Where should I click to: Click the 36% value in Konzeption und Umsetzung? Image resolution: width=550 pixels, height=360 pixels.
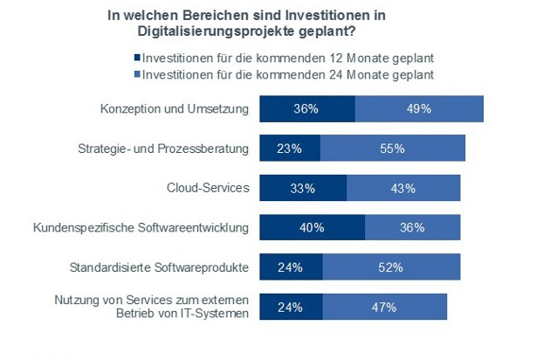(307, 109)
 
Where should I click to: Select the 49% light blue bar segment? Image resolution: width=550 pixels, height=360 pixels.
(419, 109)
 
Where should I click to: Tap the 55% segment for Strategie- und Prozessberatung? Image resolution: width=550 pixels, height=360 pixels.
(392, 149)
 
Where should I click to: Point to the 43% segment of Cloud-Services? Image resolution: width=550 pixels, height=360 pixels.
(403, 188)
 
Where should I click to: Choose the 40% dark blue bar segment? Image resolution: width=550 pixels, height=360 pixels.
(313, 228)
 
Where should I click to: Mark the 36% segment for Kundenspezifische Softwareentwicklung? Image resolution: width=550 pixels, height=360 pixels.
(411, 228)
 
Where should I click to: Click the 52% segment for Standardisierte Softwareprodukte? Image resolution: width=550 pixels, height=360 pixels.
(391, 267)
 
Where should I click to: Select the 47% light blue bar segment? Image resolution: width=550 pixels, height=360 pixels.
(384, 307)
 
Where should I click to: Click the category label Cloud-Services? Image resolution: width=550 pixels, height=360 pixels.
(208, 188)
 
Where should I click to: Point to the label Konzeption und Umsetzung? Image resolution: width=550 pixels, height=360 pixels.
(175, 109)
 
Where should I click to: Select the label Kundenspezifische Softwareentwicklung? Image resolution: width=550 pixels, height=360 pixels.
(141, 228)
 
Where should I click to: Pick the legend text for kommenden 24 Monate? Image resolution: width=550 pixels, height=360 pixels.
(288, 75)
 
